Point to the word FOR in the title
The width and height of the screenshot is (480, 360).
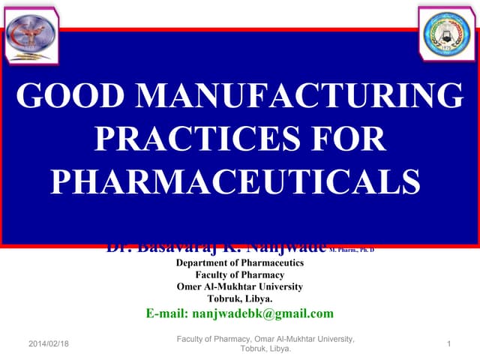(x=348, y=140)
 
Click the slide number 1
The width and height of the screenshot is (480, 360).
(x=448, y=343)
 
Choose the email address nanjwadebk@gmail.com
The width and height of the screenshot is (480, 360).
(x=263, y=313)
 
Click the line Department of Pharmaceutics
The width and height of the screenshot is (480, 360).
(x=239, y=263)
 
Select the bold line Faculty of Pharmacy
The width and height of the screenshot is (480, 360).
(x=239, y=275)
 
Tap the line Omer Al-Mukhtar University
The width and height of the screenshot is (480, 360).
(x=239, y=286)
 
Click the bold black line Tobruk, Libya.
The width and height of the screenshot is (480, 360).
(x=239, y=298)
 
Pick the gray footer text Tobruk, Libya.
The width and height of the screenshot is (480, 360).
(x=265, y=349)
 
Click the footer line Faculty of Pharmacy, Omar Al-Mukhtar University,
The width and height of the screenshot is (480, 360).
(x=265, y=340)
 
